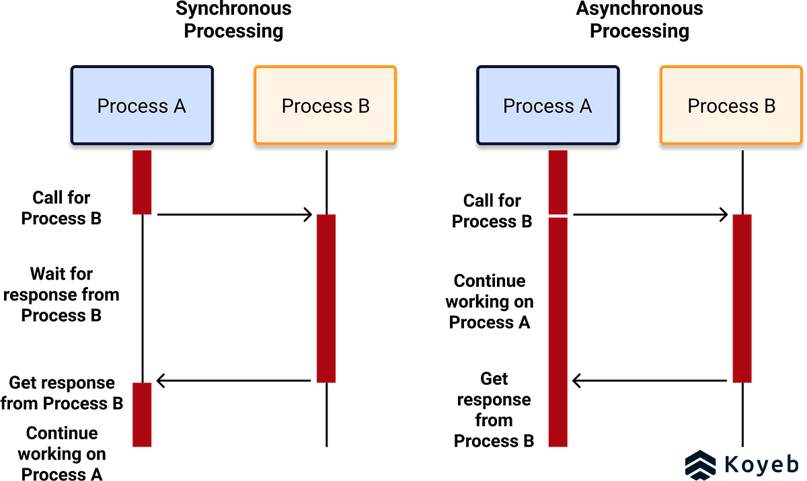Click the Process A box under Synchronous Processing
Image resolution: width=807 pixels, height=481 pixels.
(142, 105)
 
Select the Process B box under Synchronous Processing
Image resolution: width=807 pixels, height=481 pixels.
(325, 105)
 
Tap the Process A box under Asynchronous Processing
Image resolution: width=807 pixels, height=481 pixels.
(548, 105)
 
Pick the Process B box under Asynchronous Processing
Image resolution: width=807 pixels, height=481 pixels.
(732, 105)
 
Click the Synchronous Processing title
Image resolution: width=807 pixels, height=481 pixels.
(233, 19)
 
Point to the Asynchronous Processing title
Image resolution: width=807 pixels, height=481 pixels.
(640, 19)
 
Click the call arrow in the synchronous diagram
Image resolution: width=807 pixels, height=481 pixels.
(235, 215)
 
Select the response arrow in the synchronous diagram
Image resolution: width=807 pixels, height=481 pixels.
(233, 381)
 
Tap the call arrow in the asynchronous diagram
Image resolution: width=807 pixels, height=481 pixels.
(650, 215)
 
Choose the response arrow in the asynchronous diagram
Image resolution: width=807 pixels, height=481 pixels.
(649, 381)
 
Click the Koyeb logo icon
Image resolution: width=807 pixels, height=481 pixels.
(700, 465)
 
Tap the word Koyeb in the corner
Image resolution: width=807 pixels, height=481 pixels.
(761, 464)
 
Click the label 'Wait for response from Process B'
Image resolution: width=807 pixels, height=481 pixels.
(61, 295)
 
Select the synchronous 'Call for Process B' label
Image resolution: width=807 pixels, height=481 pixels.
(61, 208)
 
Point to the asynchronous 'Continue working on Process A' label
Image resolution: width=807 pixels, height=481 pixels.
(490, 302)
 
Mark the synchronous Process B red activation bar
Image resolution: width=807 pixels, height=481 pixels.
(326, 298)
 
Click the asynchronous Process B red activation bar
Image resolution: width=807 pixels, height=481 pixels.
(742, 298)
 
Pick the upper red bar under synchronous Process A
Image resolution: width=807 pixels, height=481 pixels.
(142, 182)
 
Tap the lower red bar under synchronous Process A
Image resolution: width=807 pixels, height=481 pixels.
(142, 414)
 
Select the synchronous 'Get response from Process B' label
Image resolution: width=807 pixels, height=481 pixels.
(62, 393)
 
